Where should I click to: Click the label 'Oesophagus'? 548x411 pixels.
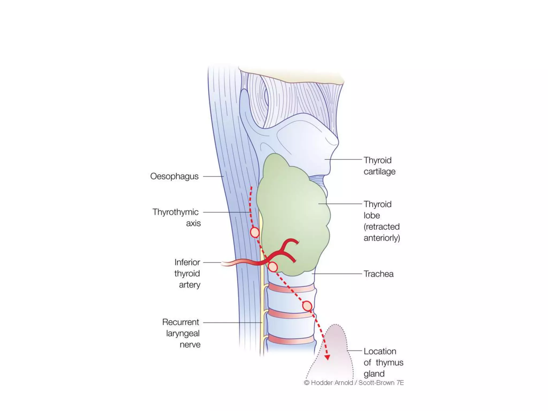click(174, 176)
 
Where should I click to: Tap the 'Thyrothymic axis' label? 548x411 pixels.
click(176, 218)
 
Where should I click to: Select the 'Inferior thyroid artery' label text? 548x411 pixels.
click(187, 273)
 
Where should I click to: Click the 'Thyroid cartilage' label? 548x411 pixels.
click(379, 166)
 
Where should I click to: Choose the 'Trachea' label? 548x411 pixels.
click(378, 274)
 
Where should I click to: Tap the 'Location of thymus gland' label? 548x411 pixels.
click(383, 362)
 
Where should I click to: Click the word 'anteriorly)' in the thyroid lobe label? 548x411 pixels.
click(382, 238)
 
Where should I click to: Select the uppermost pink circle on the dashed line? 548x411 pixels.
click(255, 232)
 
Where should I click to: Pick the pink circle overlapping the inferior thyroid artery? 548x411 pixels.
click(273, 267)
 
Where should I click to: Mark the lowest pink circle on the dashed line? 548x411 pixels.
click(307, 306)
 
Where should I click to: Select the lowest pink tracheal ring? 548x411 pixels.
click(291, 339)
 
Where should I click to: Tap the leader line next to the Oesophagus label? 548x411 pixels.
click(213, 176)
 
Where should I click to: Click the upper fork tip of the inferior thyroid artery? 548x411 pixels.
click(297, 242)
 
